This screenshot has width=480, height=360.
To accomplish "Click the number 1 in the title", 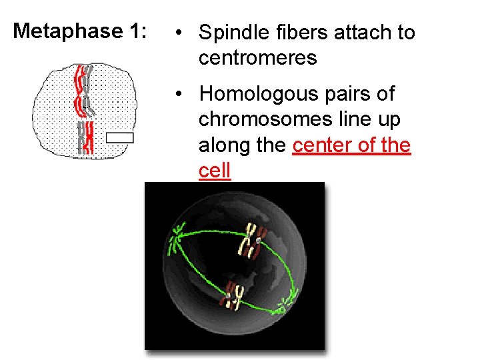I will (133, 31).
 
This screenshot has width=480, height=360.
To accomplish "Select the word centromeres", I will (257, 58).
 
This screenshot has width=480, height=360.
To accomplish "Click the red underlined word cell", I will (214, 171).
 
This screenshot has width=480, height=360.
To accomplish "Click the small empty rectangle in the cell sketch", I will (120, 138).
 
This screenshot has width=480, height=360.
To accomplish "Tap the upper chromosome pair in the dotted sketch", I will (83, 90).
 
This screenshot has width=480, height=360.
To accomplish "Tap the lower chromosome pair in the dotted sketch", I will (85, 139).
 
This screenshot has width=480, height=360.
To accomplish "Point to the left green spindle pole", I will (178, 239).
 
